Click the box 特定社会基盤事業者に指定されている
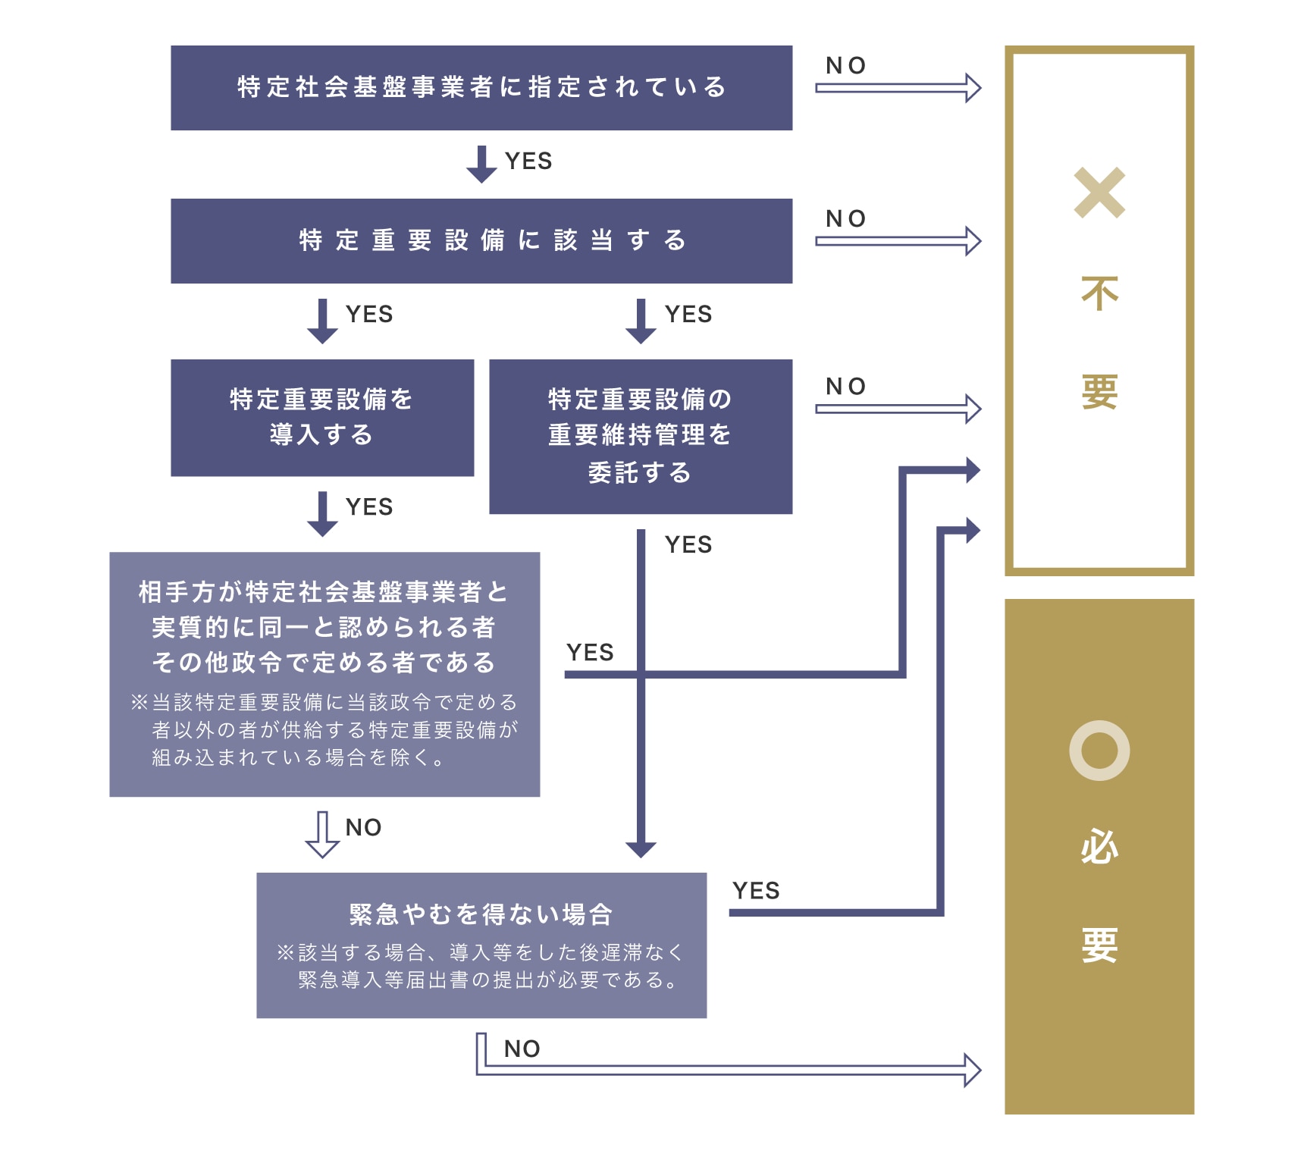pyautogui.click(x=481, y=88)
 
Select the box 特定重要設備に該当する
pyautogui.click(x=481, y=241)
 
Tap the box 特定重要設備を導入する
pyautogui.click(x=322, y=418)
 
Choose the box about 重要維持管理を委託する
pyautogui.click(x=641, y=436)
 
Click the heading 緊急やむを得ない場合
pyautogui.click(x=481, y=914)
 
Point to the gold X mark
pyautogui.click(x=1099, y=193)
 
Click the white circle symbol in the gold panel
pyautogui.click(x=1099, y=751)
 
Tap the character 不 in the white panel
pyautogui.click(x=1099, y=294)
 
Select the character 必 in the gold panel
pyautogui.click(x=1099, y=846)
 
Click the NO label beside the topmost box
pyautogui.click(x=845, y=66)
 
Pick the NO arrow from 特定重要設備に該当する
pyautogui.click(x=898, y=241)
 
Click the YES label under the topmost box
pyautogui.click(x=528, y=161)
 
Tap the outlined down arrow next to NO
pyautogui.click(x=322, y=834)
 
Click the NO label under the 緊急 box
pyautogui.click(x=522, y=1049)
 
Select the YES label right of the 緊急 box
pyautogui.click(x=756, y=891)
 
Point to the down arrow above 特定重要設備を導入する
pyautogui.click(x=322, y=321)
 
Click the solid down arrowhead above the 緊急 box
pyautogui.click(x=641, y=849)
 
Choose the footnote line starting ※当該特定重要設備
pyautogui.click(x=324, y=702)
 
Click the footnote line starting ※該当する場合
pyautogui.click(x=481, y=952)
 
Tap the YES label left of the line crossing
pyautogui.click(x=590, y=653)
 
